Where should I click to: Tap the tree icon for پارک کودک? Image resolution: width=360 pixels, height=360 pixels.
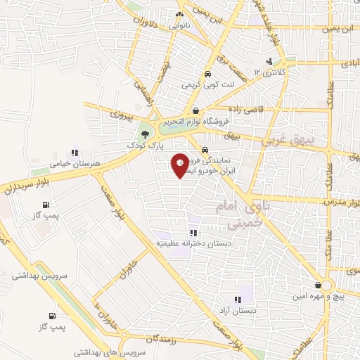[144, 133]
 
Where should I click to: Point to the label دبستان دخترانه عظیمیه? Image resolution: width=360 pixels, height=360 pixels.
[193, 243]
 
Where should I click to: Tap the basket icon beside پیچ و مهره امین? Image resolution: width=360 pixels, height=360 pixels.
[321, 285]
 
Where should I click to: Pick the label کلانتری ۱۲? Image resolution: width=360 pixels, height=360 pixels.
[271, 72]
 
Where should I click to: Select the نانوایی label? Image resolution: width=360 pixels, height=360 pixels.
[181, 24]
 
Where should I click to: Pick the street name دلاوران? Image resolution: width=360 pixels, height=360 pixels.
[141, 17]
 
